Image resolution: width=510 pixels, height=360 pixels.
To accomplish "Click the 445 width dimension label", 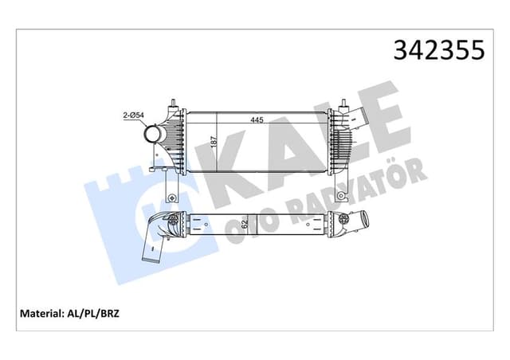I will [x=257, y=121].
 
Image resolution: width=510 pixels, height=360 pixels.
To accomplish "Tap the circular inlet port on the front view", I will [x=153, y=135].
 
